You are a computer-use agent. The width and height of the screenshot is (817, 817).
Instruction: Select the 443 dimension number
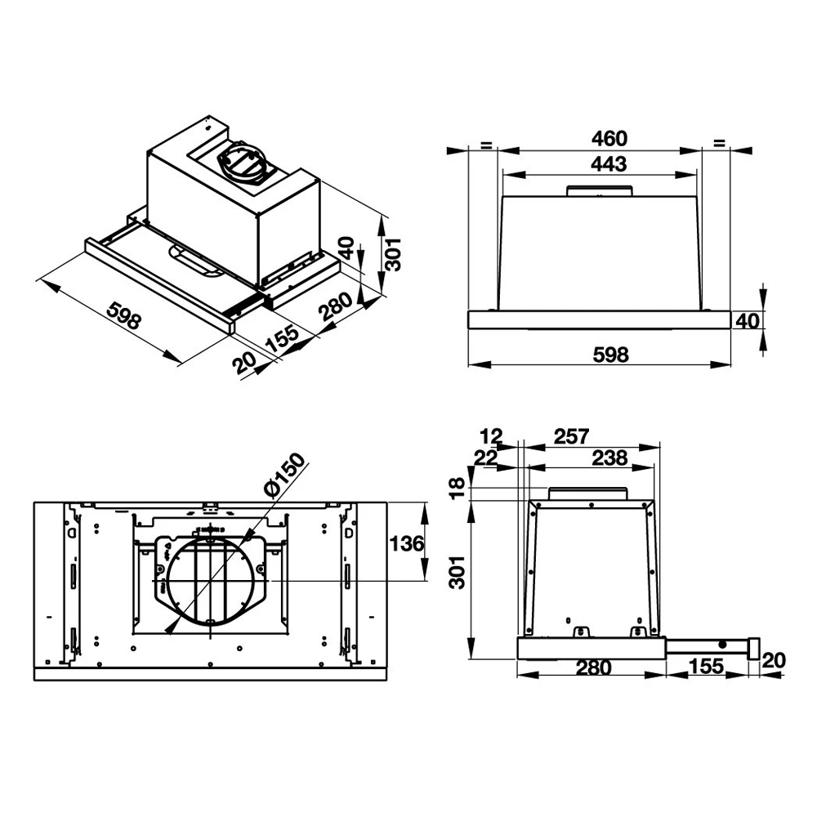(x=609, y=163)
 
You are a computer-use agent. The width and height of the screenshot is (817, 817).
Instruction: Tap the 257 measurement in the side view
(x=571, y=436)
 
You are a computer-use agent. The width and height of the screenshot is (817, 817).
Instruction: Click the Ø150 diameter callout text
(x=283, y=475)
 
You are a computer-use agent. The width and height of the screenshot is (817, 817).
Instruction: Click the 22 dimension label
(x=485, y=458)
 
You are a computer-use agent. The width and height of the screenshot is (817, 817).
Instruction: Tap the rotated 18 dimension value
(x=458, y=487)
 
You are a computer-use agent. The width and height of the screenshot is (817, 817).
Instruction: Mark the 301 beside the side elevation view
(x=458, y=571)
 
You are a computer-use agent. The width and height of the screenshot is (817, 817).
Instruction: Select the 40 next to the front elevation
(x=748, y=320)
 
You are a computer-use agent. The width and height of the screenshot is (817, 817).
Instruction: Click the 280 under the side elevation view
(x=594, y=667)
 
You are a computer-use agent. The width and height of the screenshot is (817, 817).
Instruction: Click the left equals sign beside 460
(x=485, y=145)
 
